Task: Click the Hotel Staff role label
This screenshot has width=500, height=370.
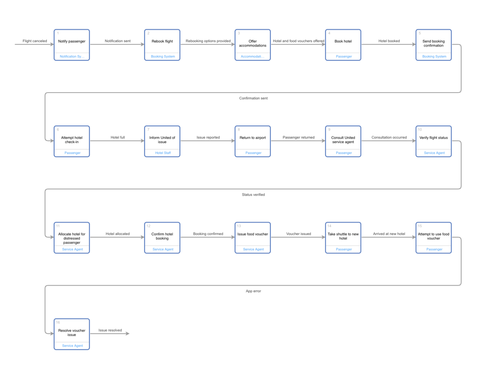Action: click(163, 153)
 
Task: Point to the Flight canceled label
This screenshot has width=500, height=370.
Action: click(35, 41)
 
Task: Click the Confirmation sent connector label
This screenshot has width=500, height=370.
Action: click(253, 98)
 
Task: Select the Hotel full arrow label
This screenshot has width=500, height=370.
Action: click(118, 138)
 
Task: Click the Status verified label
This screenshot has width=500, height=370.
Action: click(253, 195)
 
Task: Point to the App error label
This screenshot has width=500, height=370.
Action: click(253, 291)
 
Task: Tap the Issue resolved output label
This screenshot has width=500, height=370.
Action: click(110, 330)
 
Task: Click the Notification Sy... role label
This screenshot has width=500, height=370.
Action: click(72, 57)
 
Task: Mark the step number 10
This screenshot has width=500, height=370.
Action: click(420, 129)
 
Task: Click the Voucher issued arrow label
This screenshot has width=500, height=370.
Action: click(298, 234)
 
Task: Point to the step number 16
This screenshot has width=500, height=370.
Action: click(58, 323)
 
